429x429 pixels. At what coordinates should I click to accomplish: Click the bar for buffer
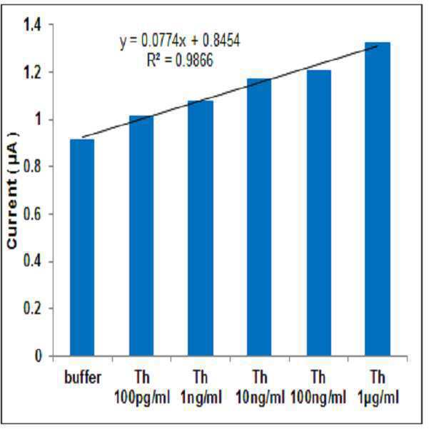(82, 247)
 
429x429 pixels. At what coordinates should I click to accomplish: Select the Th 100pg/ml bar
(141, 236)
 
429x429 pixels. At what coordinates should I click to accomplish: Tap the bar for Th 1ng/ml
(201, 228)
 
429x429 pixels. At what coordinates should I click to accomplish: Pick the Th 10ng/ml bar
(259, 217)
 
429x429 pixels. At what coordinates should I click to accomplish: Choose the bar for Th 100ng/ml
(319, 213)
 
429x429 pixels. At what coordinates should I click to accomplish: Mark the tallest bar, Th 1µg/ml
(378, 199)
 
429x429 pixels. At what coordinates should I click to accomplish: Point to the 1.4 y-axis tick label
(32, 25)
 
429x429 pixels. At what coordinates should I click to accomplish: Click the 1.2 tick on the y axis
(32, 73)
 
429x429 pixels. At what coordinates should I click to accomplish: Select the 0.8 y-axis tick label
(32, 166)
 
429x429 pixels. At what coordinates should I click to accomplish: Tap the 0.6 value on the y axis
(32, 214)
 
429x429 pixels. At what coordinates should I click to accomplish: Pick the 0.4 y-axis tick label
(32, 261)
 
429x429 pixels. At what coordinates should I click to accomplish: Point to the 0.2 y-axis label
(32, 309)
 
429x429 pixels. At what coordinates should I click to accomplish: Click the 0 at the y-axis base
(39, 356)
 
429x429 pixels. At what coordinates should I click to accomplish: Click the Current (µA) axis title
(13, 191)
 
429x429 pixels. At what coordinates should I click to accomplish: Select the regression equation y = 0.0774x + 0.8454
(179, 41)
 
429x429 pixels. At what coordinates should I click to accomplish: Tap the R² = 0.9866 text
(180, 60)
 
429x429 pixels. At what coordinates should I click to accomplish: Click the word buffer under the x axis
(83, 378)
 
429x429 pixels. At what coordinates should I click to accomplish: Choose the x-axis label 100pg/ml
(142, 398)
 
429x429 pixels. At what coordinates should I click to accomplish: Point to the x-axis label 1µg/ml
(378, 398)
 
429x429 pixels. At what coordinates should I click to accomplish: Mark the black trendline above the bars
(230, 92)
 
